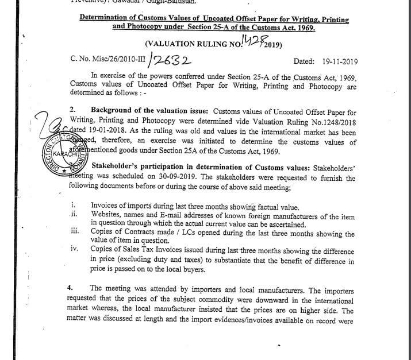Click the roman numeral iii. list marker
[73, 231]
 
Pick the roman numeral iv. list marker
[73, 249]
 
